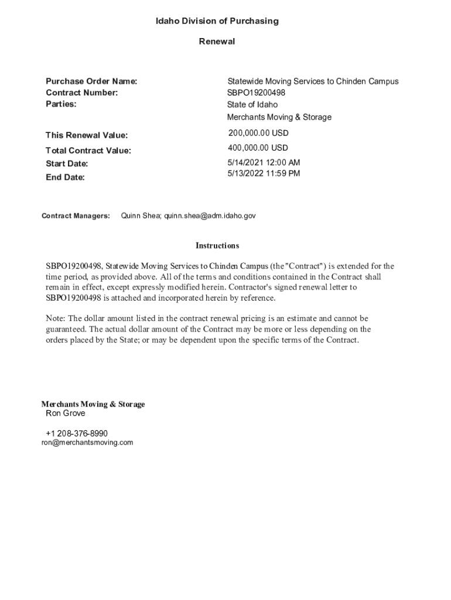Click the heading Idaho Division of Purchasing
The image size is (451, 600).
click(x=217, y=21)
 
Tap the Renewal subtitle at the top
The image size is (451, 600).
click(x=217, y=42)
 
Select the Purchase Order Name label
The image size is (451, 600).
click(x=91, y=81)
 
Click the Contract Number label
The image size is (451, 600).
click(x=82, y=93)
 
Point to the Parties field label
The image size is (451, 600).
click(x=61, y=104)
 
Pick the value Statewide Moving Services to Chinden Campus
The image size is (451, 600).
click(x=313, y=81)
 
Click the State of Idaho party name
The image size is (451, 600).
click(x=252, y=105)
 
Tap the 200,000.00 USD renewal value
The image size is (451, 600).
click(x=258, y=134)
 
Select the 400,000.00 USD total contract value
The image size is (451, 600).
click(x=258, y=148)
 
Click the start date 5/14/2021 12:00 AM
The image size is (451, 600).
click(x=264, y=162)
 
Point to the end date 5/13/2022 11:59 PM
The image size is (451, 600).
click(x=264, y=173)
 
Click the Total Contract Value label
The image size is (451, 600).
click(x=88, y=151)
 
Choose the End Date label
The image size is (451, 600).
click(x=65, y=177)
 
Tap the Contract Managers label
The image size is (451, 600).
click(x=76, y=216)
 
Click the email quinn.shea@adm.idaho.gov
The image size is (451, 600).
click(x=210, y=216)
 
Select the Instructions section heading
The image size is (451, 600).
click(x=217, y=246)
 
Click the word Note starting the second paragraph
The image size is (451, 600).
click(x=56, y=319)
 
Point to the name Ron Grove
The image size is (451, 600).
click(x=66, y=414)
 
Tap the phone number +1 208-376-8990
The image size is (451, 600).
click(x=77, y=434)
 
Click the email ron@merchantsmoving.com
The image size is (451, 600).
click(x=87, y=443)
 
